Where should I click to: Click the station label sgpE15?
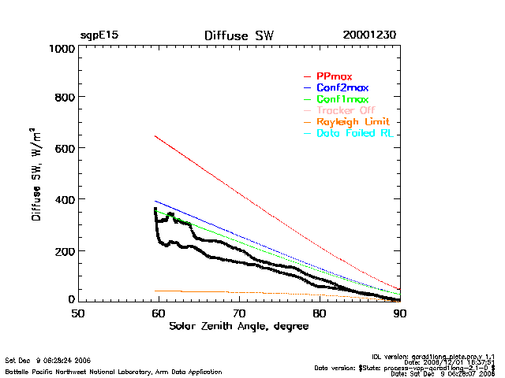[99, 35]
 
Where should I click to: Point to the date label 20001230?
[369, 35]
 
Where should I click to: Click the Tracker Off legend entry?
[346, 110]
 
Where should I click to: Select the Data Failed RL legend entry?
[354, 133]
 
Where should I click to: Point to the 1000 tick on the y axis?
[60, 48]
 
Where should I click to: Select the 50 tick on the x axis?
[78, 313]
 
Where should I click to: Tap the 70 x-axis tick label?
[239, 313]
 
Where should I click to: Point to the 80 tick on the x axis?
[320, 313]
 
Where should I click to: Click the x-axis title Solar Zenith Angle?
[239, 327]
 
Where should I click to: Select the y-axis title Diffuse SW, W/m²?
[37, 174]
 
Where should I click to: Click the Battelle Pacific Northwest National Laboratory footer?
[114, 371]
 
